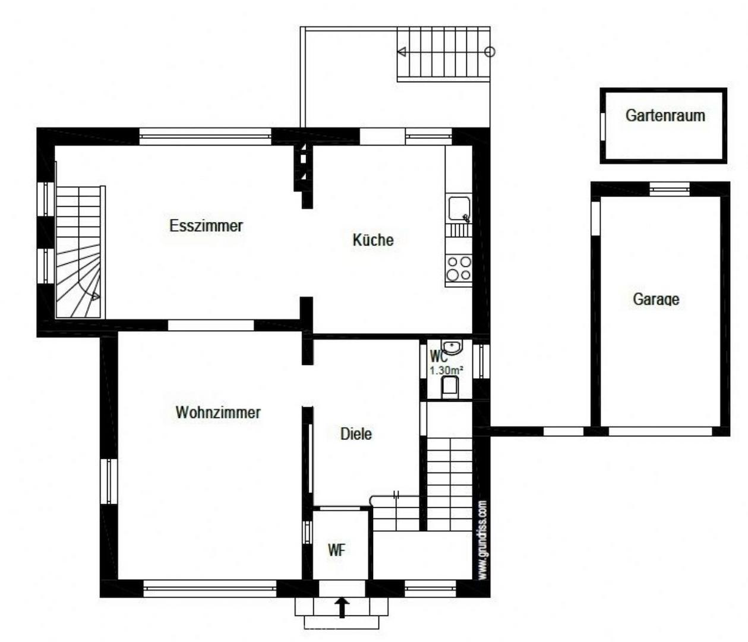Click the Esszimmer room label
tap(206, 225)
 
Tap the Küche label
tap(373, 240)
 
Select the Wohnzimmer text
tap(218, 413)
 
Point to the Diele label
tap(356, 434)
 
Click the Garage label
tap(656, 299)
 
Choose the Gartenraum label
tap(665, 115)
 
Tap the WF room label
tap(336, 550)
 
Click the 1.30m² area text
tap(446, 370)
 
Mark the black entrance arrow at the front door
tap(342, 608)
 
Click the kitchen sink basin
tap(459, 209)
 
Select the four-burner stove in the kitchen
tap(459, 268)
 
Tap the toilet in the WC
tap(450, 387)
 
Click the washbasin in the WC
tap(452, 347)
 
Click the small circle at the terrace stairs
tap(490, 52)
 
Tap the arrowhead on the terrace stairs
tap(402, 52)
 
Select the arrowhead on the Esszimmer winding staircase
tap(96, 297)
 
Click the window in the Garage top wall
tap(670, 188)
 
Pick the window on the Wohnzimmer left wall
tap(109, 481)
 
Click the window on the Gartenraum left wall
tap(603, 127)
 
